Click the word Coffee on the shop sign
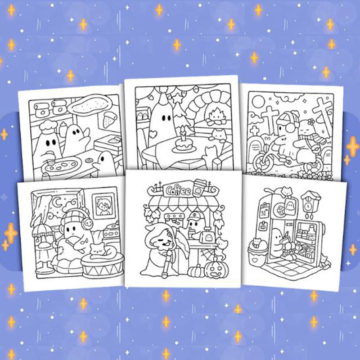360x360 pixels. pos(178,190)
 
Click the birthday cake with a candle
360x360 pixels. pos(183,142)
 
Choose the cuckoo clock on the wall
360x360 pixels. pos(310,204)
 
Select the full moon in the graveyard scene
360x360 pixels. pos(258,102)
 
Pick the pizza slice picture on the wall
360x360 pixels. pos(107,120)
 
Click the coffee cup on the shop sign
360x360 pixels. pos(199,188)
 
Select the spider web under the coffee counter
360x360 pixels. pos(207,254)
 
